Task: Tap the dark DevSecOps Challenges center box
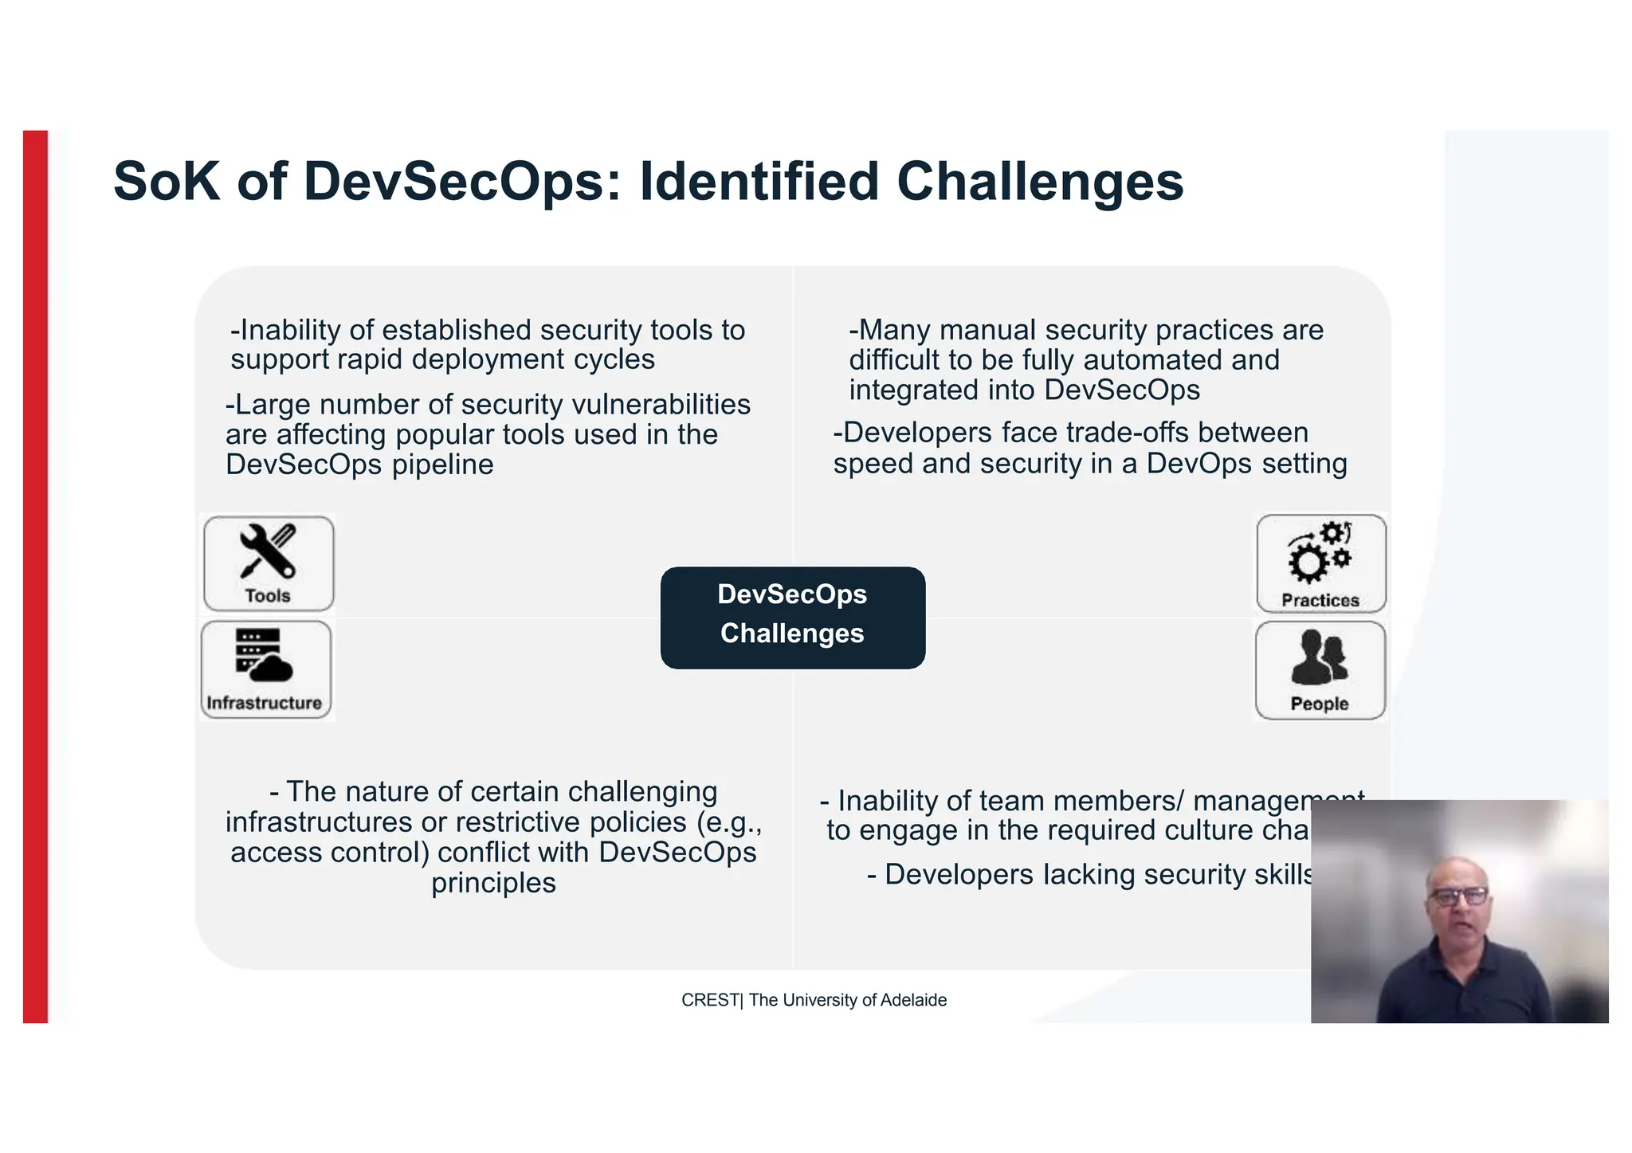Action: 792,618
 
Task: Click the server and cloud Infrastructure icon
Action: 264,656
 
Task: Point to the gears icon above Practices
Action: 1320,553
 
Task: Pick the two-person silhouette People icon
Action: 1320,657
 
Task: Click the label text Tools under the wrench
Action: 268,596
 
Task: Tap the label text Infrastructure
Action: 264,703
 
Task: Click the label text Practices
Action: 1320,601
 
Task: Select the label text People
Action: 1320,704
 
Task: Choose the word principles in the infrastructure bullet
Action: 493,883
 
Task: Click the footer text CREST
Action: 709,1000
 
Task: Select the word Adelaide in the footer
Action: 914,1000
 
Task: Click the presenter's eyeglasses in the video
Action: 1458,896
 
